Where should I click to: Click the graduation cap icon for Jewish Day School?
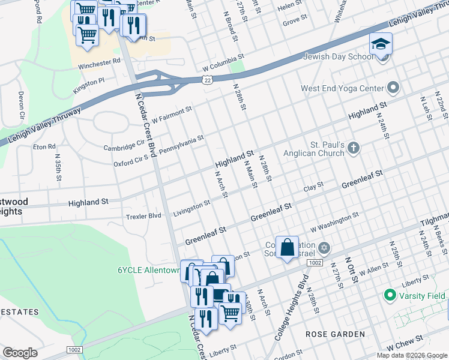tap(381, 44)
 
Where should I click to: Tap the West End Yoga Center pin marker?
tap(394, 88)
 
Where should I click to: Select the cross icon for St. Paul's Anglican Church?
tap(354, 148)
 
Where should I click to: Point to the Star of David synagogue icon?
tap(324, 247)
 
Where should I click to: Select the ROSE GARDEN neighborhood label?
tap(335, 334)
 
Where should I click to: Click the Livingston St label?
tap(191, 208)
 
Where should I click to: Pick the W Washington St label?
tap(334, 221)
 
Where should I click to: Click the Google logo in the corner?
tap(20, 353)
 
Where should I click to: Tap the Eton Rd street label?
tap(44, 146)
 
